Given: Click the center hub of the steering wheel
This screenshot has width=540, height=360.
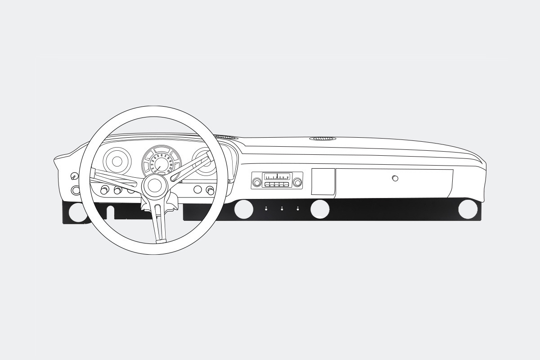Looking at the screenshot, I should [153, 185].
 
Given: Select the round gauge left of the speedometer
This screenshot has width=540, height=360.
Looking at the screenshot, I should [117, 161].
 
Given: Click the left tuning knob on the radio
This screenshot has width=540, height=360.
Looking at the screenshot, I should [257, 182].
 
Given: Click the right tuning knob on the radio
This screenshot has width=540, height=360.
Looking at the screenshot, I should [297, 182].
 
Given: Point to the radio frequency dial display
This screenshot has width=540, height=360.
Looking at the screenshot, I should [277, 177].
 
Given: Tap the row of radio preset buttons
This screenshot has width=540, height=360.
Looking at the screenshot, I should [277, 184].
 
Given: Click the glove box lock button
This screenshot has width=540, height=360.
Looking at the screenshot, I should [395, 178].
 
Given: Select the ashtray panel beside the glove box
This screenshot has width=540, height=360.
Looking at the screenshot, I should [323, 182].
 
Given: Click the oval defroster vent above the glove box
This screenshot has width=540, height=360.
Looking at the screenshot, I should [322, 138].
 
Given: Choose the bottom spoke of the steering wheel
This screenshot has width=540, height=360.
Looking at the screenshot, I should [159, 222].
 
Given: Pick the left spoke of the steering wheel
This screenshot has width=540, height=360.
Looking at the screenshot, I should [115, 179].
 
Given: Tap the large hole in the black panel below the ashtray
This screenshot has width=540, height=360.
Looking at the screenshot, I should [319, 209].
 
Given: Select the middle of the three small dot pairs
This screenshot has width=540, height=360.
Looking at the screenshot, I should [282, 209].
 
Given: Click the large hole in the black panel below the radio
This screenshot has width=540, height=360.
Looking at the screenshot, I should [243, 209].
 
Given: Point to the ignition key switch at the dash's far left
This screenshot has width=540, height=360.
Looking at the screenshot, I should [75, 176].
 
